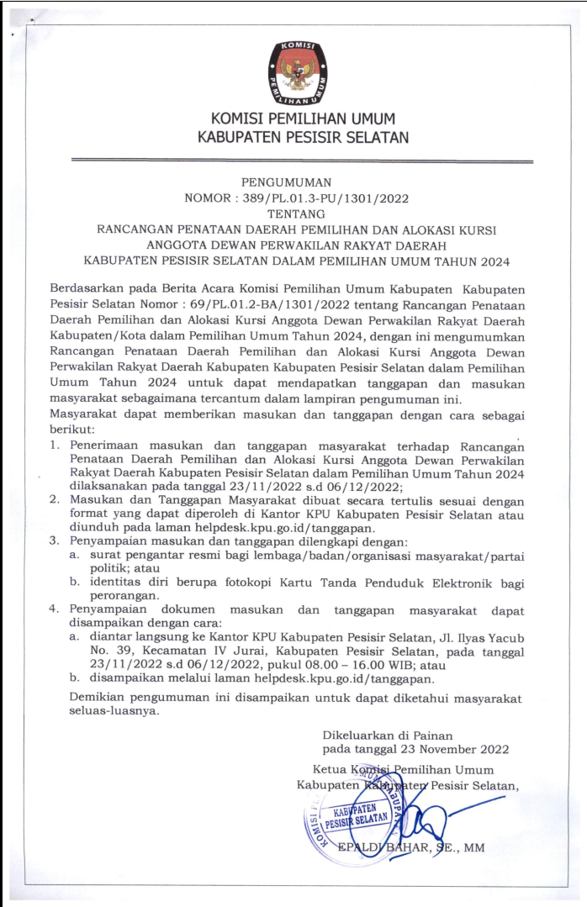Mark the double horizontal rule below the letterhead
coord(302,160)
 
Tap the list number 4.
coord(53,608)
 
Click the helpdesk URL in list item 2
coord(297,527)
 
